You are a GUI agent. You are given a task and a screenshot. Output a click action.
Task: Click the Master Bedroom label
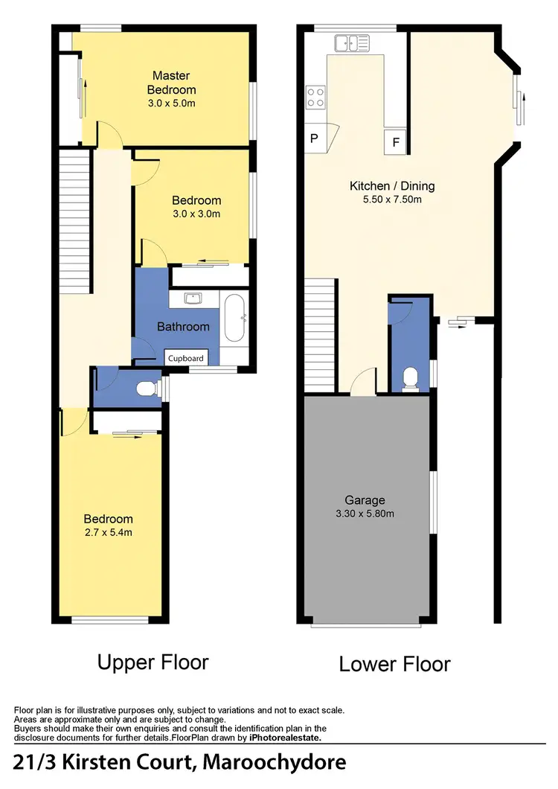tap(171, 82)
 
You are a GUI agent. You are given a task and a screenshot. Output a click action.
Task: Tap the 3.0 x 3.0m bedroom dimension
tap(196, 214)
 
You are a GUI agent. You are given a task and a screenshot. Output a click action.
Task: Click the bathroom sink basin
tap(194, 299)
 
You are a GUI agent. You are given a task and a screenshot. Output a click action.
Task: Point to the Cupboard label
tap(185, 358)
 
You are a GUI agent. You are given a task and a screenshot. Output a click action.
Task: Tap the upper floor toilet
tap(150, 388)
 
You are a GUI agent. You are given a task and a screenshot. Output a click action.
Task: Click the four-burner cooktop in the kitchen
tap(315, 97)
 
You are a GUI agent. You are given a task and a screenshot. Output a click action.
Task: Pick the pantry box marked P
tap(314, 138)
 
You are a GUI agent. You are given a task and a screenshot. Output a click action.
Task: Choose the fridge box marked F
tap(395, 141)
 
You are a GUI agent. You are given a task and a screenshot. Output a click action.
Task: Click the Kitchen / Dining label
tap(392, 186)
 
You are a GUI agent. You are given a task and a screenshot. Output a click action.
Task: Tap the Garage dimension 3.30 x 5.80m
tap(364, 514)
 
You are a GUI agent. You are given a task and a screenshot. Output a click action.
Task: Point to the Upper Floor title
tap(153, 662)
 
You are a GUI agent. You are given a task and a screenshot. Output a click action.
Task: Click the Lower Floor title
tap(394, 663)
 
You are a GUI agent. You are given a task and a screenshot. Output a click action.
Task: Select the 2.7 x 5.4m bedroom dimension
tap(108, 532)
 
